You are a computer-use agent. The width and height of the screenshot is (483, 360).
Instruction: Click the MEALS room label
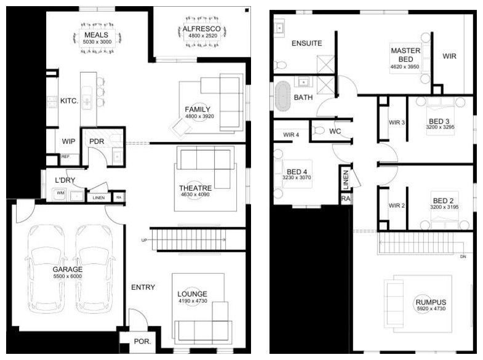96,35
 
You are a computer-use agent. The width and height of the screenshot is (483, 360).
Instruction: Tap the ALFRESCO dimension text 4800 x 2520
202,36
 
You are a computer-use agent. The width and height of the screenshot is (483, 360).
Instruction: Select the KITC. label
69,101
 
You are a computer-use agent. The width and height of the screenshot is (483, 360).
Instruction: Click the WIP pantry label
68,142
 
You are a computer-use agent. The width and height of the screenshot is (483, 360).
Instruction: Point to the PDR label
97,142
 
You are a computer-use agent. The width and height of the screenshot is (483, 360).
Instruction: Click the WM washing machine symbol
60,194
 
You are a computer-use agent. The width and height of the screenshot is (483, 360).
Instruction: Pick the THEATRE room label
195,188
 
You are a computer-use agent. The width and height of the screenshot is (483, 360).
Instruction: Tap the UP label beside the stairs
144,240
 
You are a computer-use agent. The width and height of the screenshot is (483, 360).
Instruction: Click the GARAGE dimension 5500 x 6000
68,276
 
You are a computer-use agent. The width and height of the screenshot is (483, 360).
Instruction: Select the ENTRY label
143,287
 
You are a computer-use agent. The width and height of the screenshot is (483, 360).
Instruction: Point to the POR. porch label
142,342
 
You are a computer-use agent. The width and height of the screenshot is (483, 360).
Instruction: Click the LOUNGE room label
192,294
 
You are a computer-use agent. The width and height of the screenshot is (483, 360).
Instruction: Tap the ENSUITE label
306,44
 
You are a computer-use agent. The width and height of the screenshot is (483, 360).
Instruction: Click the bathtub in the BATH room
283,96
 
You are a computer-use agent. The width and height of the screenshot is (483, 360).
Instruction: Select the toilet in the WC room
318,131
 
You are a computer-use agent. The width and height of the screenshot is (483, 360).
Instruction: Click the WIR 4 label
291,135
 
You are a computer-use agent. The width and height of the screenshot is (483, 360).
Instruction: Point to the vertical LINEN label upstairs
346,180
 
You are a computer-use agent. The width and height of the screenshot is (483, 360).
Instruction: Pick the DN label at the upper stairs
463,257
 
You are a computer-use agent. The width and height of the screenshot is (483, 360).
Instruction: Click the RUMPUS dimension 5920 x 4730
431,308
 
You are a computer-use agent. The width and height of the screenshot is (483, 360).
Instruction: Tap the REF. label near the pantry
66,157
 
